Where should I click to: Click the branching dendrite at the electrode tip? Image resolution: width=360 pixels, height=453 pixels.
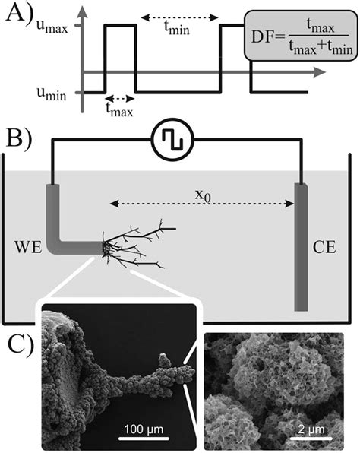click(x=137, y=243)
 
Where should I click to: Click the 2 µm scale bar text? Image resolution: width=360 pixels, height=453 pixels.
click(x=312, y=426)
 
